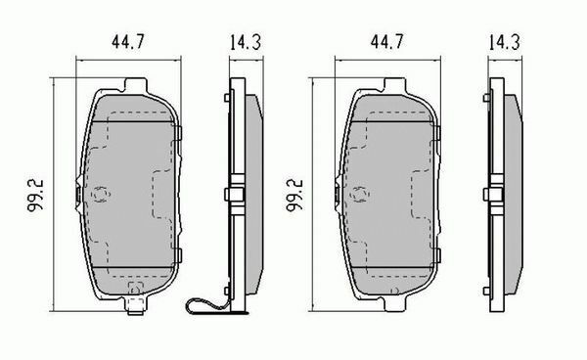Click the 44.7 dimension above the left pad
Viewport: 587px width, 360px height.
point(127,41)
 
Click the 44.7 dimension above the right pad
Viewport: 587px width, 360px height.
point(387,41)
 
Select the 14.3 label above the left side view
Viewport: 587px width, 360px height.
point(246,42)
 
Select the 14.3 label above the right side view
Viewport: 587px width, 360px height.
point(504,42)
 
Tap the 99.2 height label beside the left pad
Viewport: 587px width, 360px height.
point(35,196)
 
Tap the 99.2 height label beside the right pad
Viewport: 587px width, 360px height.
point(295,196)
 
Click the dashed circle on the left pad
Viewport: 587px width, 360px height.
point(101,195)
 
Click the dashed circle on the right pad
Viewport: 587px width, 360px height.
point(359,195)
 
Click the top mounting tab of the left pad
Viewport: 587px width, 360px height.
point(135,84)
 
